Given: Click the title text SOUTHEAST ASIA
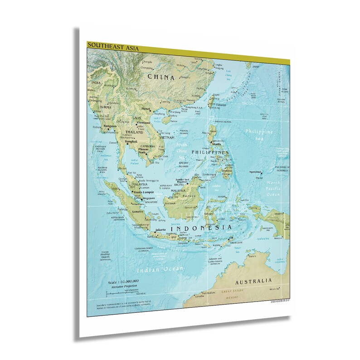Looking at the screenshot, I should tap(107, 44).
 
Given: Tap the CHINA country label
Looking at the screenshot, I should tap(161, 77).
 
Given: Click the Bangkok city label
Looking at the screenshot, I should tap(132, 141).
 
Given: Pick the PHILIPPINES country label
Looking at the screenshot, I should tap(210, 152).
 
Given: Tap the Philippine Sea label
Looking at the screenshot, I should tap(259, 134).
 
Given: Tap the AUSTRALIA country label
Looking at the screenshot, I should tap(253, 281).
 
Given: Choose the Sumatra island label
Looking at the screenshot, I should tap(138, 211).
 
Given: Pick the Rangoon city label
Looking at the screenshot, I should tap(110, 126).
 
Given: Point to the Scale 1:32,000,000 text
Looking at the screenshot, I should tap(123, 282).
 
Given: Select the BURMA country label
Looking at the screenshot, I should tap(106, 107).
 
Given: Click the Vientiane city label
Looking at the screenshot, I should tap(143, 122).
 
